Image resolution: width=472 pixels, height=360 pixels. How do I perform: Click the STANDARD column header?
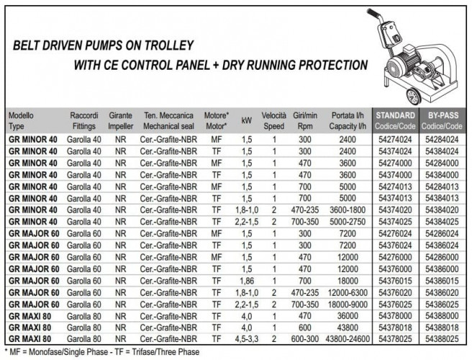(x=395, y=120)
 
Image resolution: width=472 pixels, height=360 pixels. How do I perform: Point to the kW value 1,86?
(x=247, y=281)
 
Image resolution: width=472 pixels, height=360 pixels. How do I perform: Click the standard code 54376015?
(x=395, y=281)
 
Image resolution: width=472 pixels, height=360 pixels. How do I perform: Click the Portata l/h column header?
(x=348, y=120)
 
